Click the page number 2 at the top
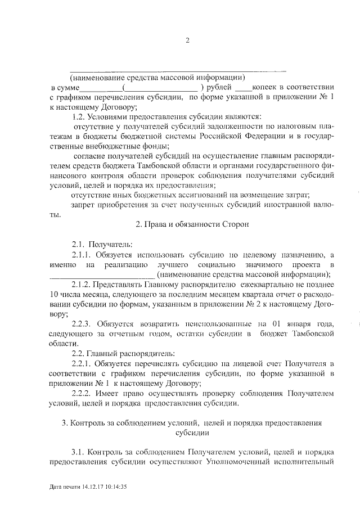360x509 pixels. coord(188,40)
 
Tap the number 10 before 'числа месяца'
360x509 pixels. coord(55,295)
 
